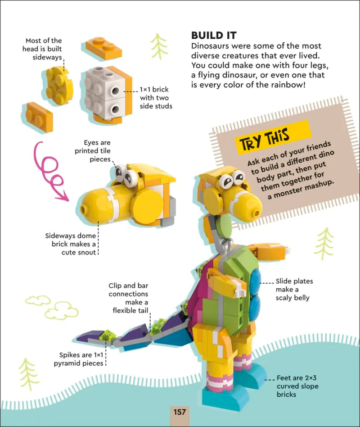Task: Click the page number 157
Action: (x=180, y=412)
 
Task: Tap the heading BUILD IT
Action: (x=214, y=36)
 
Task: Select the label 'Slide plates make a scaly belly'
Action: (x=294, y=289)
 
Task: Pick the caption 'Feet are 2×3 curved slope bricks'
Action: (x=293, y=386)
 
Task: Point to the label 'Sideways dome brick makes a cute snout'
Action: (x=71, y=244)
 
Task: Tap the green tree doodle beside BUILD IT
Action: (x=159, y=46)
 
